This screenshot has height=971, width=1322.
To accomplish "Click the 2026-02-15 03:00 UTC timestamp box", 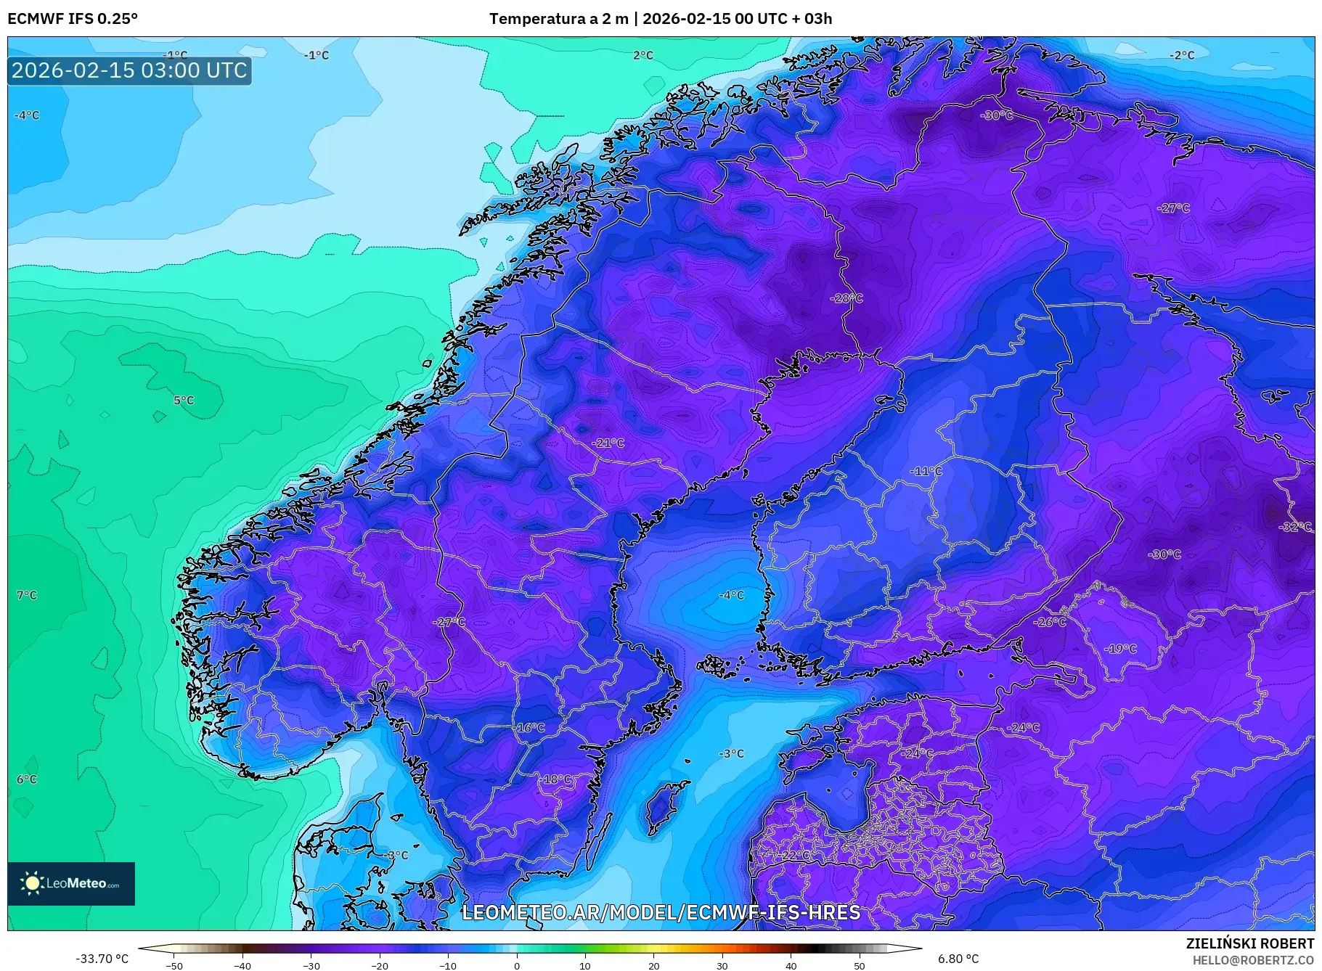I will (129, 70).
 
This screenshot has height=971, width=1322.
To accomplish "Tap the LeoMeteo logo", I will (71, 883).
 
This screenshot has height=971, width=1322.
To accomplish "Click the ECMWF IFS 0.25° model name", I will (73, 19).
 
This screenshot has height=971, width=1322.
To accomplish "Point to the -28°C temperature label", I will (846, 298).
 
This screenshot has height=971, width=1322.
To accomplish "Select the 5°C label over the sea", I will (184, 400).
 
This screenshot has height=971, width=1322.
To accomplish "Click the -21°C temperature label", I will (608, 443).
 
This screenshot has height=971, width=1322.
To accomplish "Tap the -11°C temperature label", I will (926, 471).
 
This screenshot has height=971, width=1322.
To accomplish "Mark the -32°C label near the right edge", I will (1295, 527).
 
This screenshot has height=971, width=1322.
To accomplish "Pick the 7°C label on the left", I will (27, 595).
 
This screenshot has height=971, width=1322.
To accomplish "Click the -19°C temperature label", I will (1120, 649).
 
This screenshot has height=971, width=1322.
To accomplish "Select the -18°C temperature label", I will (555, 779).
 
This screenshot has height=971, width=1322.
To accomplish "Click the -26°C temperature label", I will (1050, 622).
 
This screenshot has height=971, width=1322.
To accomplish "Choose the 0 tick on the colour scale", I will (517, 965).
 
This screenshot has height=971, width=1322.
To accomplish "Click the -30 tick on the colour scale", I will (311, 965).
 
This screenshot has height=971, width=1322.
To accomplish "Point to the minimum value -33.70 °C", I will (102, 959).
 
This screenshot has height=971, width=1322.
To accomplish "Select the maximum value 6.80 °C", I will (958, 959).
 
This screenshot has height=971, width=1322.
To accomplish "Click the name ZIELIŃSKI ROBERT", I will (1249, 943).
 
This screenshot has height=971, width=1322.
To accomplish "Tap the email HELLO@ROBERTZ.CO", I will (1253, 960).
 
